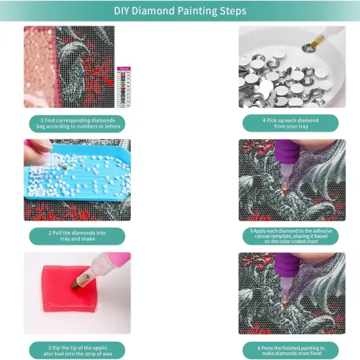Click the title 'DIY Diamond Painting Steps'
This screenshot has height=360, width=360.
point(180,11)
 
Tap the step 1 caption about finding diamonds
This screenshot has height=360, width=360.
point(77,124)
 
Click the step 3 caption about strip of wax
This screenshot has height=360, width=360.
point(77,350)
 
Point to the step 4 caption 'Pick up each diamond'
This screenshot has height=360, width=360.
point(289,124)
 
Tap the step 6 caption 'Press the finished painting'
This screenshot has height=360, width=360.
point(289,350)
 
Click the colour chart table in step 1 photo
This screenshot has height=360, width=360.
point(123,87)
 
